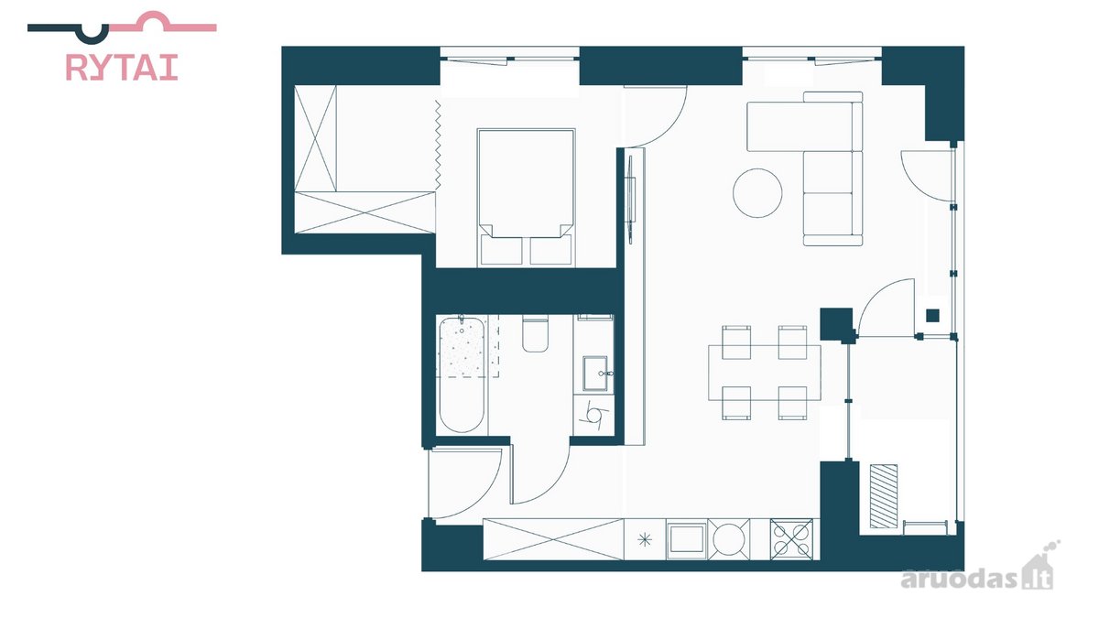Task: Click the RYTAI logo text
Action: click(x=122, y=67)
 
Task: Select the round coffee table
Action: click(x=757, y=193)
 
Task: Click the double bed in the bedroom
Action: click(x=526, y=198)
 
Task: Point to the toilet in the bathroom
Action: click(x=535, y=335)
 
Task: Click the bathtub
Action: click(x=462, y=374)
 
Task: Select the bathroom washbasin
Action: click(x=595, y=374)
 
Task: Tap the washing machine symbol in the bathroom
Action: click(x=593, y=415)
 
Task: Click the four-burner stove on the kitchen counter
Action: click(x=791, y=539)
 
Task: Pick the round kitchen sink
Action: click(x=729, y=539)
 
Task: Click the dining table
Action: click(x=765, y=373)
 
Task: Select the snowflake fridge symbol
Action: click(x=644, y=540)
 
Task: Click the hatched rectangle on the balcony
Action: click(x=884, y=496)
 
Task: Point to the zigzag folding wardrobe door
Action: click(x=438, y=145)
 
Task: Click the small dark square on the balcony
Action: click(x=932, y=315)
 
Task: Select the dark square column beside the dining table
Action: click(x=836, y=324)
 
